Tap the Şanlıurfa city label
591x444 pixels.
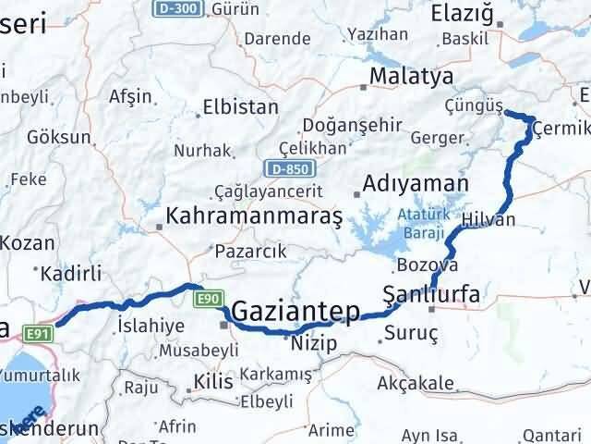coord(431,296)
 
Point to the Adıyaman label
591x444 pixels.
coord(416,184)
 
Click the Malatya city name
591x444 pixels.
coord(410,76)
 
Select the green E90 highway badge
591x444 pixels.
coord(208,299)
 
